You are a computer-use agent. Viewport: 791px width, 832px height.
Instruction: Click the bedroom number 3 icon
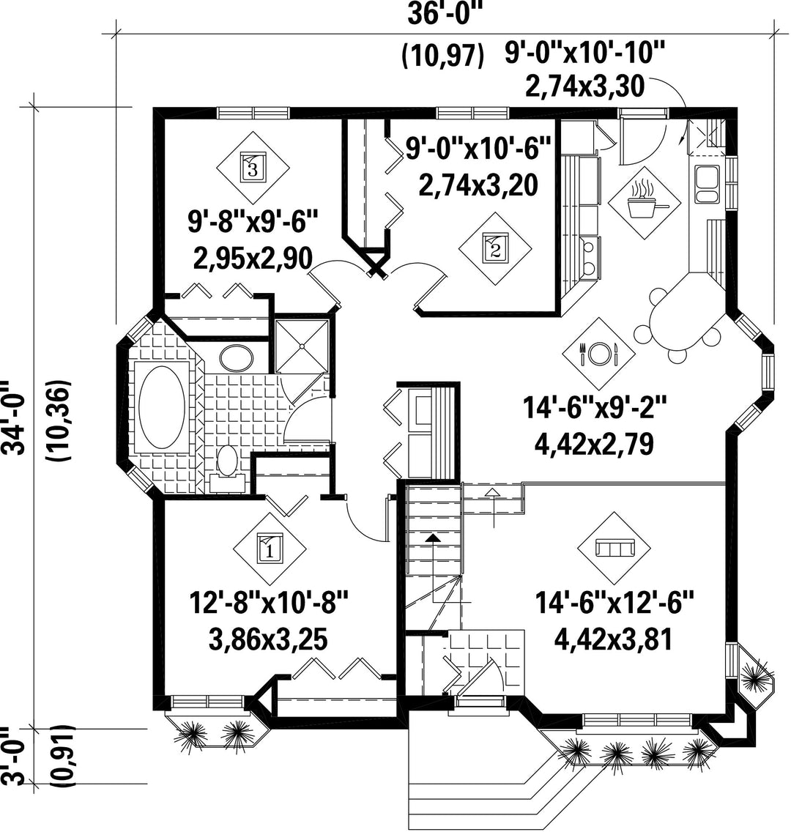click(253, 168)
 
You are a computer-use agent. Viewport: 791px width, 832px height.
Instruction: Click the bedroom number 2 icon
click(495, 248)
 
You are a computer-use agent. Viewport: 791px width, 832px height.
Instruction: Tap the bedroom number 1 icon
click(270, 549)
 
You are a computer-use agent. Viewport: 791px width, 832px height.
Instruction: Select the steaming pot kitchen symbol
click(645, 202)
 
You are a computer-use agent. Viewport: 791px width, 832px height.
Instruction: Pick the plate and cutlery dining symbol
click(598, 354)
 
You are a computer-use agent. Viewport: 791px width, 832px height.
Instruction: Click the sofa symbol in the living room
click(614, 548)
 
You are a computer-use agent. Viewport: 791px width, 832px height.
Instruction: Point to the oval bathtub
click(162, 406)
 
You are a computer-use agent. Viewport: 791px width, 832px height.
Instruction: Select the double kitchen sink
click(707, 184)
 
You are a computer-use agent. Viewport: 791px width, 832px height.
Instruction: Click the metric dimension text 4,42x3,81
click(613, 639)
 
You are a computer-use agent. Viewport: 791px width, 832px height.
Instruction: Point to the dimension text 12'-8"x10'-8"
click(269, 604)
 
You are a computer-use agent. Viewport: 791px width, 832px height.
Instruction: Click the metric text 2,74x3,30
click(584, 86)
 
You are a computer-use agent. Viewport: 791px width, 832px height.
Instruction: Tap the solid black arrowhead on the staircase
click(433, 538)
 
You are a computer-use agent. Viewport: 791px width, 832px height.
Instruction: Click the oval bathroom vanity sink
click(236, 359)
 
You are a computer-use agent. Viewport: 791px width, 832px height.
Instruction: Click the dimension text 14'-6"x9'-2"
click(594, 409)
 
